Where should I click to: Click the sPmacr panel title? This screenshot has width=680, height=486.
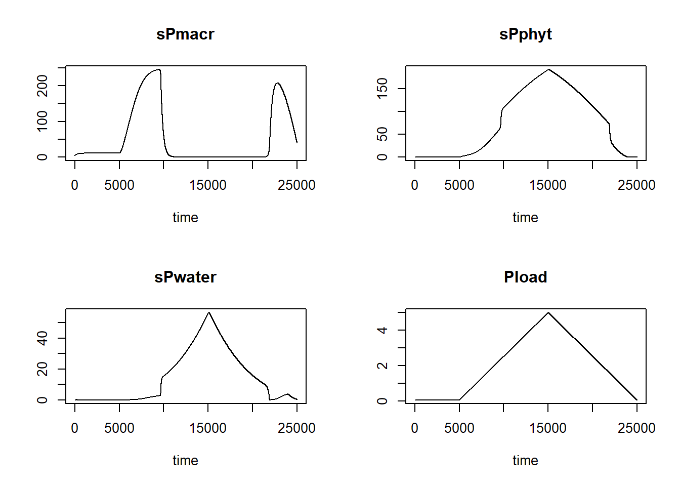click(x=185, y=34)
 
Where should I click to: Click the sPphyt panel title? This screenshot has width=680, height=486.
click(x=525, y=34)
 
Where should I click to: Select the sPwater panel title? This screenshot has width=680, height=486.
click(x=185, y=277)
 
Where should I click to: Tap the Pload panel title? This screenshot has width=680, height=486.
click(x=525, y=277)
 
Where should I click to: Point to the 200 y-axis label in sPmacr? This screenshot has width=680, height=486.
click(x=42, y=86)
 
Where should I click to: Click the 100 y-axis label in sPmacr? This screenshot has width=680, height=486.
click(x=42, y=121)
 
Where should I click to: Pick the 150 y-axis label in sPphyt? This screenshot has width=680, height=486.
click(x=382, y=89)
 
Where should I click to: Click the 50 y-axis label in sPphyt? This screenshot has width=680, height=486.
click(x=382, y=134)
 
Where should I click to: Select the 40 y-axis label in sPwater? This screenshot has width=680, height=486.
click(x=42, y=338)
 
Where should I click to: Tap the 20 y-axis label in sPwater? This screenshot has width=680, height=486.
click(x=42, y=369)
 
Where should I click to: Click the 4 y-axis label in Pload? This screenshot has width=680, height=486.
click(x=382, y=330)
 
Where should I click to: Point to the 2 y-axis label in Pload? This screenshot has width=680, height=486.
click(x=382, y=366)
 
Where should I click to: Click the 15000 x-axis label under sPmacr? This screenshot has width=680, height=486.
click(x=208, y=185)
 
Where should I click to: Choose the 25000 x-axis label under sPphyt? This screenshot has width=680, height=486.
click(x=636, y=185)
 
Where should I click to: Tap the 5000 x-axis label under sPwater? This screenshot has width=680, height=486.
click(x=119, y=428)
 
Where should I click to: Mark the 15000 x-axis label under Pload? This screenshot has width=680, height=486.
click(x=548, y=428)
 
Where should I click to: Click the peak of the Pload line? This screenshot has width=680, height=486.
click(x=548, y=312)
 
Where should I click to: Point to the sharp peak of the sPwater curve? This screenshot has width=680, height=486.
click(x=208, y=312)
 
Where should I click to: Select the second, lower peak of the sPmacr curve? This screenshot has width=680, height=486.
click(x=277, y=83)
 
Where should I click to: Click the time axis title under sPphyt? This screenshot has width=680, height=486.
click(x=525, y=218)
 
